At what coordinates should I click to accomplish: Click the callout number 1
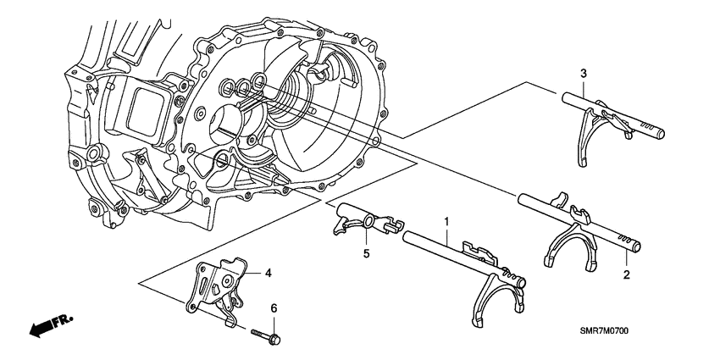pyautogui.click(x=446, y=221)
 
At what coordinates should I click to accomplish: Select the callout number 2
pyautogui.click(x=626, y=275)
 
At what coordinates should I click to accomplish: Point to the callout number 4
pyautogui.click(x=268, y=273)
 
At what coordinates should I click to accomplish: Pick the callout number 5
pyautogui.click(x=367, y=252)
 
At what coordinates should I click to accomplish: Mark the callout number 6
pyautogui.click(x=274, y=308)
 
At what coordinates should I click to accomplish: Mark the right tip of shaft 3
pyautogui.click(x=660, y=132)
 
